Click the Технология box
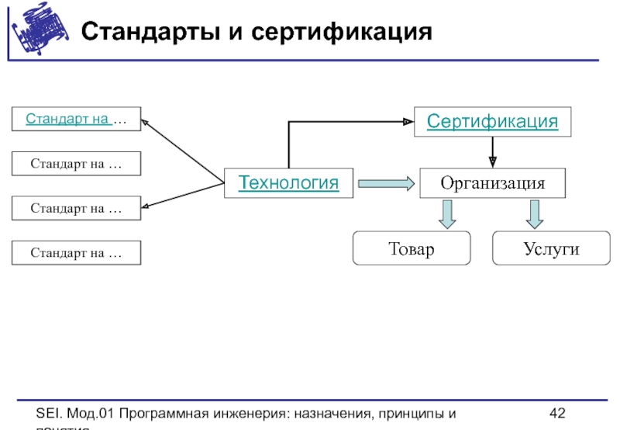click(288, 183)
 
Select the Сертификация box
click(493, 122)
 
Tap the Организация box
click(493, 184)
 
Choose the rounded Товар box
click(412, 249)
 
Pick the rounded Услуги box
click(551, 249)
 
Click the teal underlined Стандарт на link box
click(76, 120)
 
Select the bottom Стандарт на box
click(76, 253)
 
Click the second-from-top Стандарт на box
click(76, 164)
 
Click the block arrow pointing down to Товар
click(446, 214)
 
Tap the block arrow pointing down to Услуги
click(534, 214)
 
